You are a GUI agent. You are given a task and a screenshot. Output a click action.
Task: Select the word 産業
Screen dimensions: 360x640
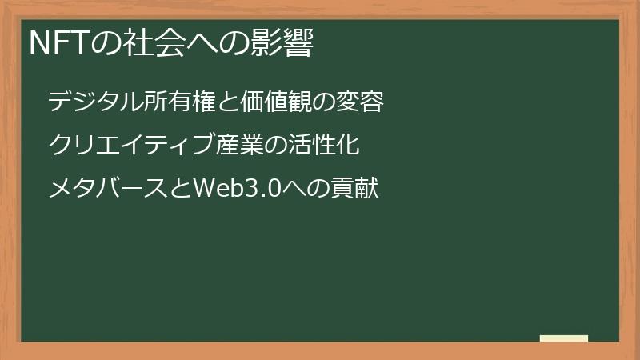(239, 146)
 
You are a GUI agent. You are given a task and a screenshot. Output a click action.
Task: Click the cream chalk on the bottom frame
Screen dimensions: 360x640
(564, 338)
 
